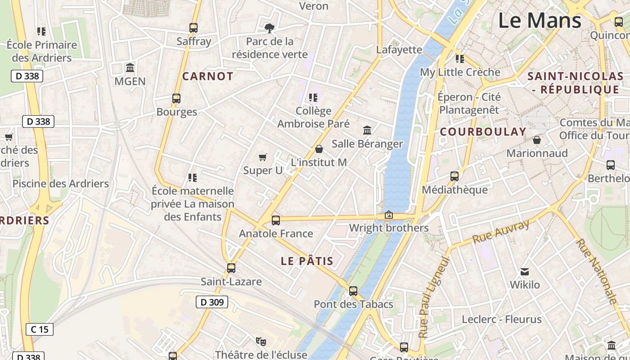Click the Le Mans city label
tap(540, 21)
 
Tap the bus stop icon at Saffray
tap(193, 28)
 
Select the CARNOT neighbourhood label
tap(207, 76)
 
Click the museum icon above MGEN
tap(130, 68)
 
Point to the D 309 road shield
tap(212, 302)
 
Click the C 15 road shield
tap(40, 329)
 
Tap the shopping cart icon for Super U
tap(263, 157)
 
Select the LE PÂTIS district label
tap(307, 261)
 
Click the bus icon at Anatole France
tap(276, 220)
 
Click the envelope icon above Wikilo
tap(525, 271)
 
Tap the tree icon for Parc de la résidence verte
tap(270, 28)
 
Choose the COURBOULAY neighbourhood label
tap(483, 132)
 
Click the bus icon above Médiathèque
tap(454, 176)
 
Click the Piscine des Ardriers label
tap(61, 184)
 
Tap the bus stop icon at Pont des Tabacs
tap(353, 291)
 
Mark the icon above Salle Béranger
tap(367, 130)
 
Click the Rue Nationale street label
tap(596, 271)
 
